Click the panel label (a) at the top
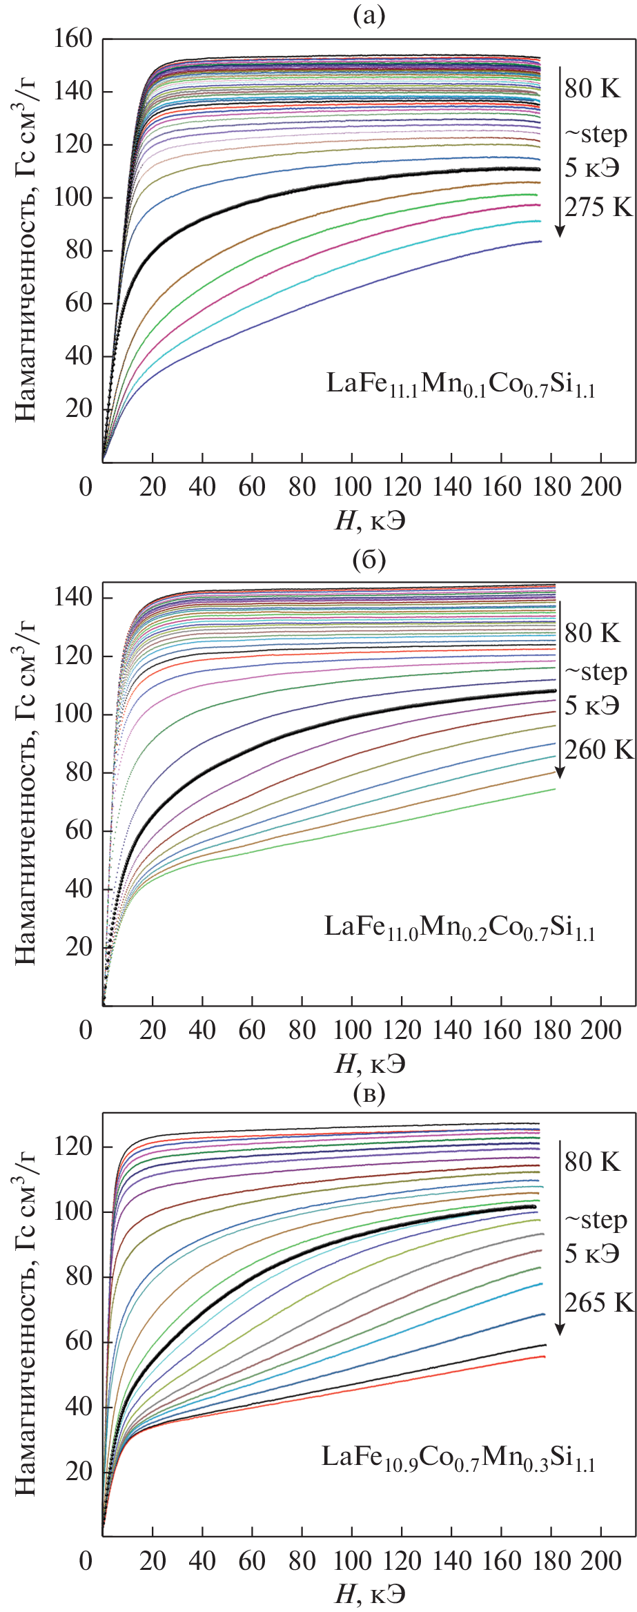click(369, 15)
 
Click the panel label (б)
click(369, 559)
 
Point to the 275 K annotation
click(598, 207)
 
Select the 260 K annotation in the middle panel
click(598, 750)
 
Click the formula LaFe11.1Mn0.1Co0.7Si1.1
click(460, 385)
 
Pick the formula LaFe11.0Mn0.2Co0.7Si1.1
click(460, 928)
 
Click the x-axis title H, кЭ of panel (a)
click(370, 521)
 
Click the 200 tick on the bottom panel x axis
click(600, 1561)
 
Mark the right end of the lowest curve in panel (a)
click(540, 241)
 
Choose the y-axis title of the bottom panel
click(25, 1325)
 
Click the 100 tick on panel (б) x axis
click(352, 1031)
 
